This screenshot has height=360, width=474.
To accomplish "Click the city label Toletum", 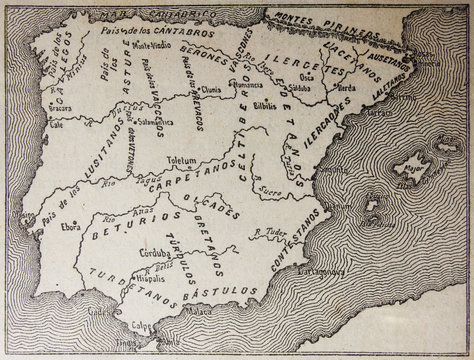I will click(187, 159).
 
